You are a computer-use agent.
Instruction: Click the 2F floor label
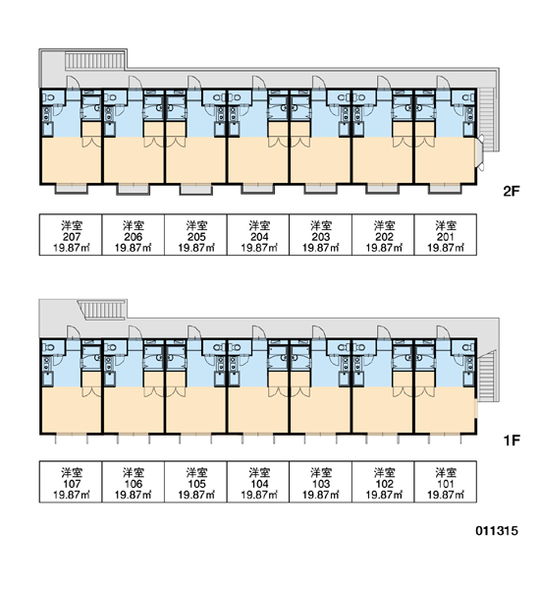pos(511,192)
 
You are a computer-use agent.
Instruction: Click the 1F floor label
pos(512,440)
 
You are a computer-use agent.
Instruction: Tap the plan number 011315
pos(497,531)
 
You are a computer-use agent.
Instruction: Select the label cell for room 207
pos(71,235)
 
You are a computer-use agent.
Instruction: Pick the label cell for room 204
pos(258,235)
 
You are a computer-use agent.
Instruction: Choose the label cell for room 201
pos(446,235)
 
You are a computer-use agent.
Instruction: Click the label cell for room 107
pos(71,482)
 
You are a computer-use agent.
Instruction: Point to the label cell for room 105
pos(195,482)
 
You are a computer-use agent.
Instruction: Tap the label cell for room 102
pos(383,482)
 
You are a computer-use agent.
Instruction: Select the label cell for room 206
pos(134,235)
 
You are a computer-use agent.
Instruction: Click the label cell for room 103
pos(320,482)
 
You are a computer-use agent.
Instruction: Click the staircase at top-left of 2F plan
pos(94,60)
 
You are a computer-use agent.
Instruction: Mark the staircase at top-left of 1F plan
pos(102,310)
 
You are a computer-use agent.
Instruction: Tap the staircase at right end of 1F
pos(487,377)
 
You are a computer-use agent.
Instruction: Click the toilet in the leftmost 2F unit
pos(48,97)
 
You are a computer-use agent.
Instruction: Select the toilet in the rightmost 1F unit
pos(467,347)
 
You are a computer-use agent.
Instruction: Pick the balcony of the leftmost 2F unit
pos(72,189)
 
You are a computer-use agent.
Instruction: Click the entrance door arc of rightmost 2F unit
pos(444,83)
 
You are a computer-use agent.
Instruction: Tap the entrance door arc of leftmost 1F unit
pos(74,332)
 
